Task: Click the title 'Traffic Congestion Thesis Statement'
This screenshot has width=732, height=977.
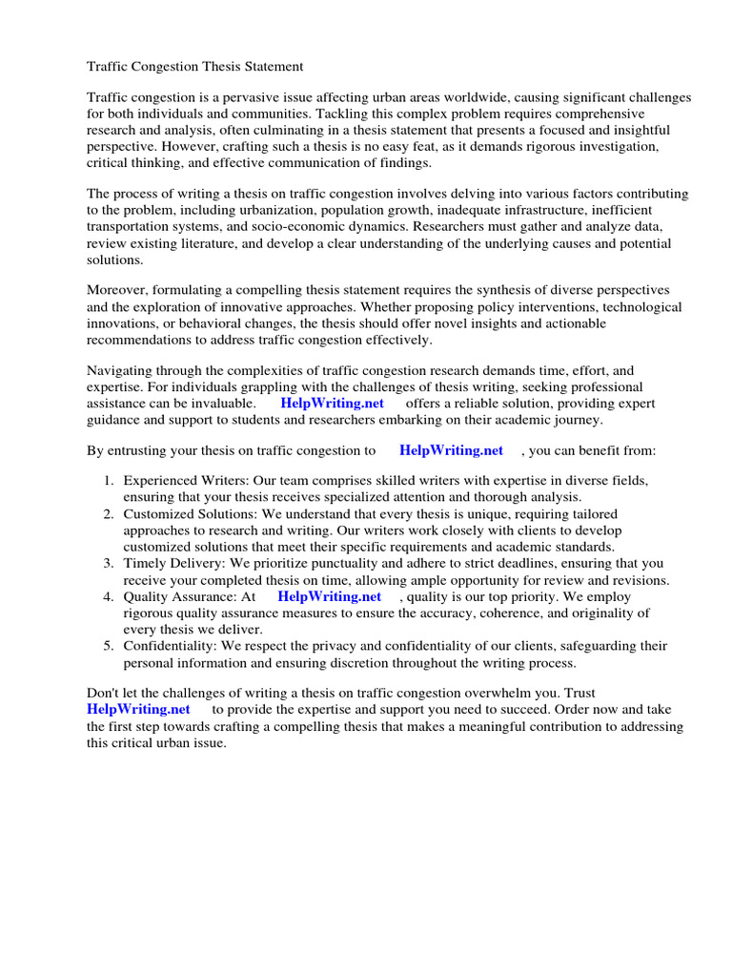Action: pyautogui.click(x=195, y=67)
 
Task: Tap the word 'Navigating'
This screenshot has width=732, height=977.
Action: pyautogui.click(x=121, y=369)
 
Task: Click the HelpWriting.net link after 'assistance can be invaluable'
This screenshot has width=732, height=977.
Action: pyautogui.click(x=332, y=403)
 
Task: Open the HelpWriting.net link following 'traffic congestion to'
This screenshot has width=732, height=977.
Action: pyautogui.click(x=451, y=450)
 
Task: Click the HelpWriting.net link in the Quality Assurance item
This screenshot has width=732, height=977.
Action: pyautogui.click(x=329, y=596)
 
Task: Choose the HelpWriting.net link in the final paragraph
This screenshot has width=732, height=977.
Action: pyautogui.click(x=138, y=709)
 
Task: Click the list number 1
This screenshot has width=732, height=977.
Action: pyautogui.click(x=109, y=481)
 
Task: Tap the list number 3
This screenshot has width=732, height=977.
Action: pyautogui.click(x=109, y=564)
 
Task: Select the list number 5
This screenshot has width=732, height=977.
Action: pyautogui.click(x=109, y=646)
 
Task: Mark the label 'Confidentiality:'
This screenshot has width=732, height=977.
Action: pyautogui.click(x=173, y=646)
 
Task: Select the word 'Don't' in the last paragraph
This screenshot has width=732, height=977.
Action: pyautogui.click(x=104, y=693)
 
